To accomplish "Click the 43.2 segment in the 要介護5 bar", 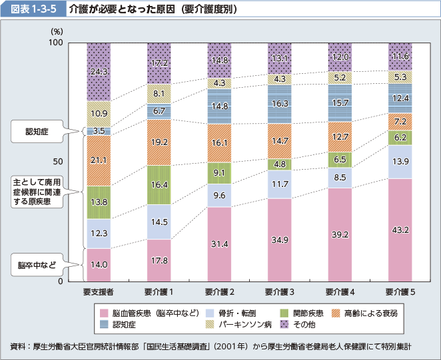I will [x=400, y=230].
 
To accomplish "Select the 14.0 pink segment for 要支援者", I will [x=99, y=264].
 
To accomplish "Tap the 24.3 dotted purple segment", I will [x=99, y=71].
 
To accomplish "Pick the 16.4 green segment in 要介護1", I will [x=159, y=185].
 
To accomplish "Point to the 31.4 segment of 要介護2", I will [x=219, y=244].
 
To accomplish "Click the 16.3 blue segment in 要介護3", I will [x=280, y=104].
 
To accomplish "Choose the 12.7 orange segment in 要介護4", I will [x=340, y=137].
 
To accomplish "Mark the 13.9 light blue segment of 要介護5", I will [x=400, y=162].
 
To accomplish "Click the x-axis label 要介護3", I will [x=280, y=291].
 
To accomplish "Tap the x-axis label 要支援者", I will [x=99, y=291].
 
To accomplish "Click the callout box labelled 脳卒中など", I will [x=38, y=266].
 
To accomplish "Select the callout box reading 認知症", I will [x=38, y=131].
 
